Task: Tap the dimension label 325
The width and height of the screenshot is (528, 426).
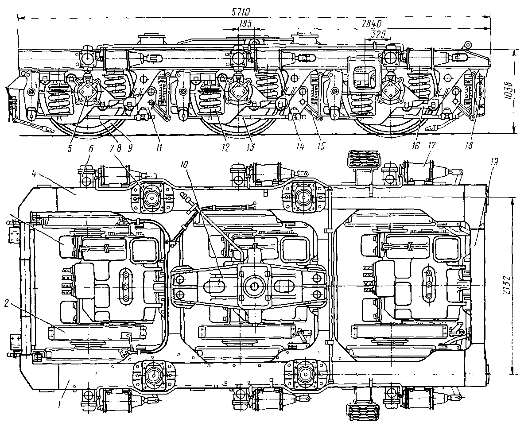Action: coord(373,34)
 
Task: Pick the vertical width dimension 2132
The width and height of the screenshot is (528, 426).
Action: coord(520,287)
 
